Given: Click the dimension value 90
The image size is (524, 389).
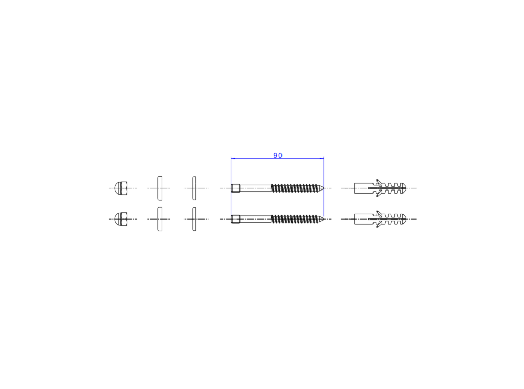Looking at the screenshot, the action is click(x=278, y=155).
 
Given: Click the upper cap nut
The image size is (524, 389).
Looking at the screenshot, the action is click(x=120, y=188).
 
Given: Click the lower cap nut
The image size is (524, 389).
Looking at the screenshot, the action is click(x=120, y=219).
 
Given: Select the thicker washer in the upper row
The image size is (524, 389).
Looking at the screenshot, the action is click(x=160, y=188).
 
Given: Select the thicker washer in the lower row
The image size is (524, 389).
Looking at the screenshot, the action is click(x=160, y=219).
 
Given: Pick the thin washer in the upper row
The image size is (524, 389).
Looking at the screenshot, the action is click(x=194, y=188).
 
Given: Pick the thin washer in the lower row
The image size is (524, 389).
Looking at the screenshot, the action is click(x=194, y=219).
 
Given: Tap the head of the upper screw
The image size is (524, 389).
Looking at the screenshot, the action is click(x=236, y=188).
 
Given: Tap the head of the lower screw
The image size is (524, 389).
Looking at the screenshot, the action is click(x=236, y=219).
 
